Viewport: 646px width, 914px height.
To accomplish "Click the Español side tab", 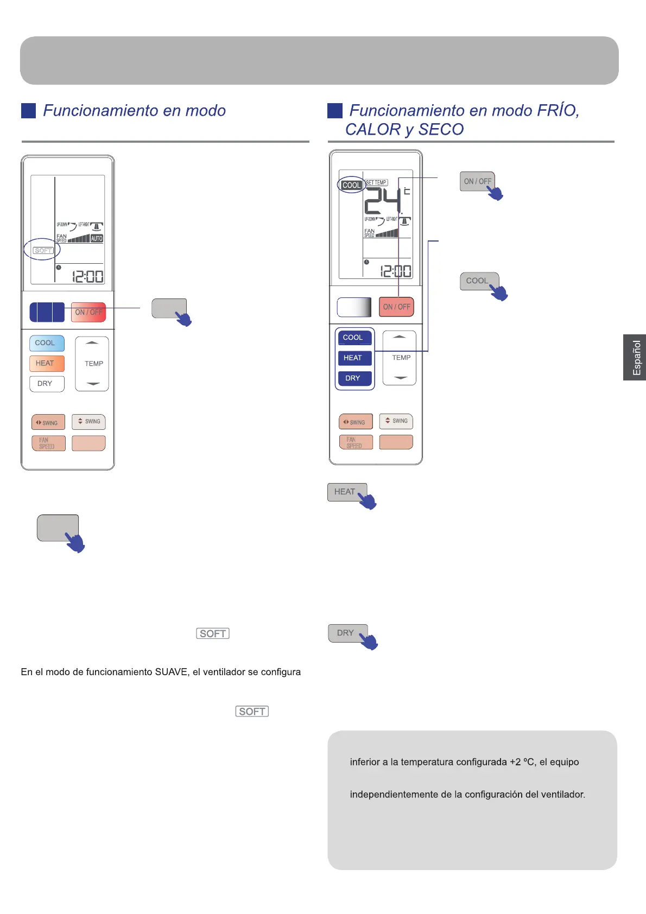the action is click(x=635, y=357).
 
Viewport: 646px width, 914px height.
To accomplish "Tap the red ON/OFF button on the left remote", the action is click(x=88, y=312).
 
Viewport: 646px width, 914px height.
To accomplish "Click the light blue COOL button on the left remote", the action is click(x=46, y=343).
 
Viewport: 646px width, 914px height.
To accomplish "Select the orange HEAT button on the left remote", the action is click(x=46, y=363).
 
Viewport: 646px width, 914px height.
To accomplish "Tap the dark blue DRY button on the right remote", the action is click(x=353, y=378).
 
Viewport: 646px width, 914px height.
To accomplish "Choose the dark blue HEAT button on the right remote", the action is click(x=353, y=358).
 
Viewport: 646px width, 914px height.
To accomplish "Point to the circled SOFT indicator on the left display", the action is click(x=42, y=250).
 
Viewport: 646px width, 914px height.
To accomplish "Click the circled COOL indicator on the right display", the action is click(x=351, y=185).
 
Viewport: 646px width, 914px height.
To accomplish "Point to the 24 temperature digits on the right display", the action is click(x=382, y=201).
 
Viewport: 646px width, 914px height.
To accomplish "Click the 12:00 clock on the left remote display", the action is click(x=88, y=277).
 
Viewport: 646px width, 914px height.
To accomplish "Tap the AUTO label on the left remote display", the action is click(x=97, y=238).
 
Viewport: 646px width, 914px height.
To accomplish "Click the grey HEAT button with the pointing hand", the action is click(x=345, y=492).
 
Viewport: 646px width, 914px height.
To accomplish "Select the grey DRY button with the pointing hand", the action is click(x=346, y=633).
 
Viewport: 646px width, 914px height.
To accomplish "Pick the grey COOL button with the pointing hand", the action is click(x=477, y=281).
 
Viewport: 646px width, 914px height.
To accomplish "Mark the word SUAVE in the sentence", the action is click(x=171, y=672).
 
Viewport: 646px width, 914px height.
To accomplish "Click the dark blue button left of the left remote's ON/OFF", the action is click(x=47, y=312).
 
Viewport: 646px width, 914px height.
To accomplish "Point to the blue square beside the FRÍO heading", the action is click(x=335, y=111).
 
